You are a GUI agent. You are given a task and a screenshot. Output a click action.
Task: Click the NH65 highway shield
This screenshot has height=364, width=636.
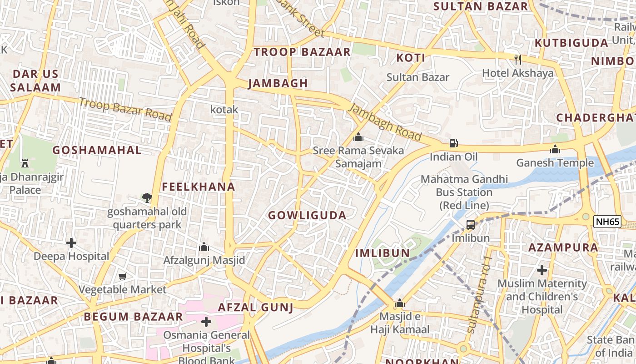tap(607, 222)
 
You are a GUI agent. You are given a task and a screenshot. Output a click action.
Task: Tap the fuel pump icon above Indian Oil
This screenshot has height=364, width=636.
tap(453, 143)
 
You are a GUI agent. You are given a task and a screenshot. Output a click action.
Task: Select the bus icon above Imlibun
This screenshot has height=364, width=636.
tap(471, 224)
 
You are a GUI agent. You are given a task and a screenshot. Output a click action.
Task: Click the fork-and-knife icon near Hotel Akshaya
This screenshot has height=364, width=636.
tap(517, 59)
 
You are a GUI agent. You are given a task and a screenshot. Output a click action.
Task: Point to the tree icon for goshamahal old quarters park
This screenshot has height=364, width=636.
tap(147, 197)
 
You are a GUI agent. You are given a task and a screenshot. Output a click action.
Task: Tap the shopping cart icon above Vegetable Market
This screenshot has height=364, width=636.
tap(122, 276)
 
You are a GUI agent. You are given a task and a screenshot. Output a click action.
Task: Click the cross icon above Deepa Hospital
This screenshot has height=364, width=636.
tap(71, 243)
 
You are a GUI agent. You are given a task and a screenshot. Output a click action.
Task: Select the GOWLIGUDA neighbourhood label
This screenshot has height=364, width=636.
tap(307, 215)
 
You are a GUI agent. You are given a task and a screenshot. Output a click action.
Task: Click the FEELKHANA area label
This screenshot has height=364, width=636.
tap(199, 187)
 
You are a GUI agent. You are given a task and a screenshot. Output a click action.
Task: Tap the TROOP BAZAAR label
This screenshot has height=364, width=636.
tap(302, 52)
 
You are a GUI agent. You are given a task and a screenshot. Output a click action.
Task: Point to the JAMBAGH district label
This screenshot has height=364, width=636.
tap(278, 83)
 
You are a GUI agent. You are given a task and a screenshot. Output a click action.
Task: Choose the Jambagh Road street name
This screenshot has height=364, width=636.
tap(385, 122)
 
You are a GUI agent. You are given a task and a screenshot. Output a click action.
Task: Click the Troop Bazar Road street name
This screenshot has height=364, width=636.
tap(125, 109)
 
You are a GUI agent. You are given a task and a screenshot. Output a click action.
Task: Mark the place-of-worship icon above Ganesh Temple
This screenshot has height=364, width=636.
tap(555, 149)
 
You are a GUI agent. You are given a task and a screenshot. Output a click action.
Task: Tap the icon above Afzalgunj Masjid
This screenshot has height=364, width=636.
tap(204, 247)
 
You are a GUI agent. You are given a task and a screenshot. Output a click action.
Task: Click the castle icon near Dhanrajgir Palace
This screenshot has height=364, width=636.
tap(25, 163)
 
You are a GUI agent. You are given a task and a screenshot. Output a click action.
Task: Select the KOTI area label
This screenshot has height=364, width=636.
tap(411, 58)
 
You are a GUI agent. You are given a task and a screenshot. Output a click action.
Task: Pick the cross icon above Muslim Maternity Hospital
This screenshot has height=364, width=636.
tap(542, 270)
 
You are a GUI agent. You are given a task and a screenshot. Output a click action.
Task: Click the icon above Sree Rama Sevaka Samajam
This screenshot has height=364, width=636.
tap(358, 136)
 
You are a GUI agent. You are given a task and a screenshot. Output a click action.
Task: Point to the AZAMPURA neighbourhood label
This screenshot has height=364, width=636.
tap(563, 248)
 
